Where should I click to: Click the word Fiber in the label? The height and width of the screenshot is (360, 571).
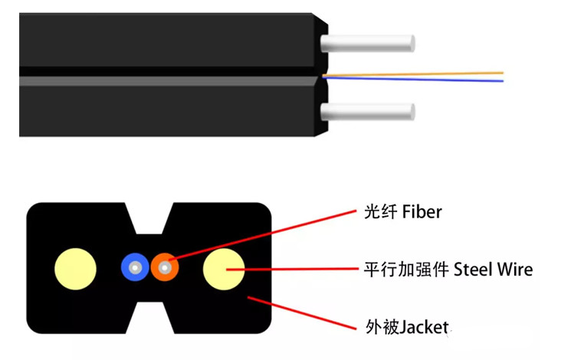422,211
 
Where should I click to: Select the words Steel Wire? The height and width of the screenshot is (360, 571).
493,270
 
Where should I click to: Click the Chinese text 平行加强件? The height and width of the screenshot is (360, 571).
406,270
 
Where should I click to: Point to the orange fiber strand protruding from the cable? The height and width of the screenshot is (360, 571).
429,74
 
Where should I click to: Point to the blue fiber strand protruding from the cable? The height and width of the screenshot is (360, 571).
429,79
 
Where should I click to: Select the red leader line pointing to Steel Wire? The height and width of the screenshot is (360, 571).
299,269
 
